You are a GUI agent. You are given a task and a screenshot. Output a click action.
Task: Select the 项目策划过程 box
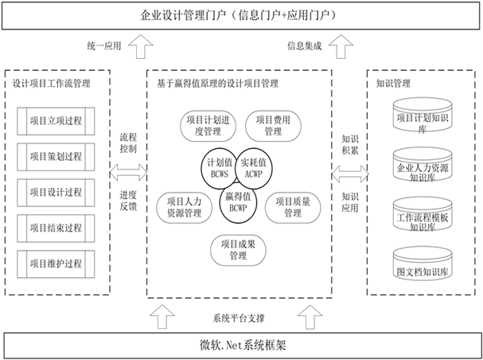[60, 157]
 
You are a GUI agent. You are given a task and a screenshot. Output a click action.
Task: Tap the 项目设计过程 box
[60, 192]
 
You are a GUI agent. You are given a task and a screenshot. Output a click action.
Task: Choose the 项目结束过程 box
[60, 227]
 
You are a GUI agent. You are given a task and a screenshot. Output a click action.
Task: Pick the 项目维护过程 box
[60, 262]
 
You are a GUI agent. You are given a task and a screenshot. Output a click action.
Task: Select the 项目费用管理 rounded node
[272, 125]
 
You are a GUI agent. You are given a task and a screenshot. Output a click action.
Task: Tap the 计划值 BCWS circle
[217, 166]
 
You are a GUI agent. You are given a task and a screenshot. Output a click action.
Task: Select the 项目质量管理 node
[286, 208]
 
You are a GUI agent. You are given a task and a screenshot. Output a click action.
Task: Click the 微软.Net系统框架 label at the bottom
[240, 346]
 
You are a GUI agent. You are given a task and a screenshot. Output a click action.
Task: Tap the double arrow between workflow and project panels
[127, 170]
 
